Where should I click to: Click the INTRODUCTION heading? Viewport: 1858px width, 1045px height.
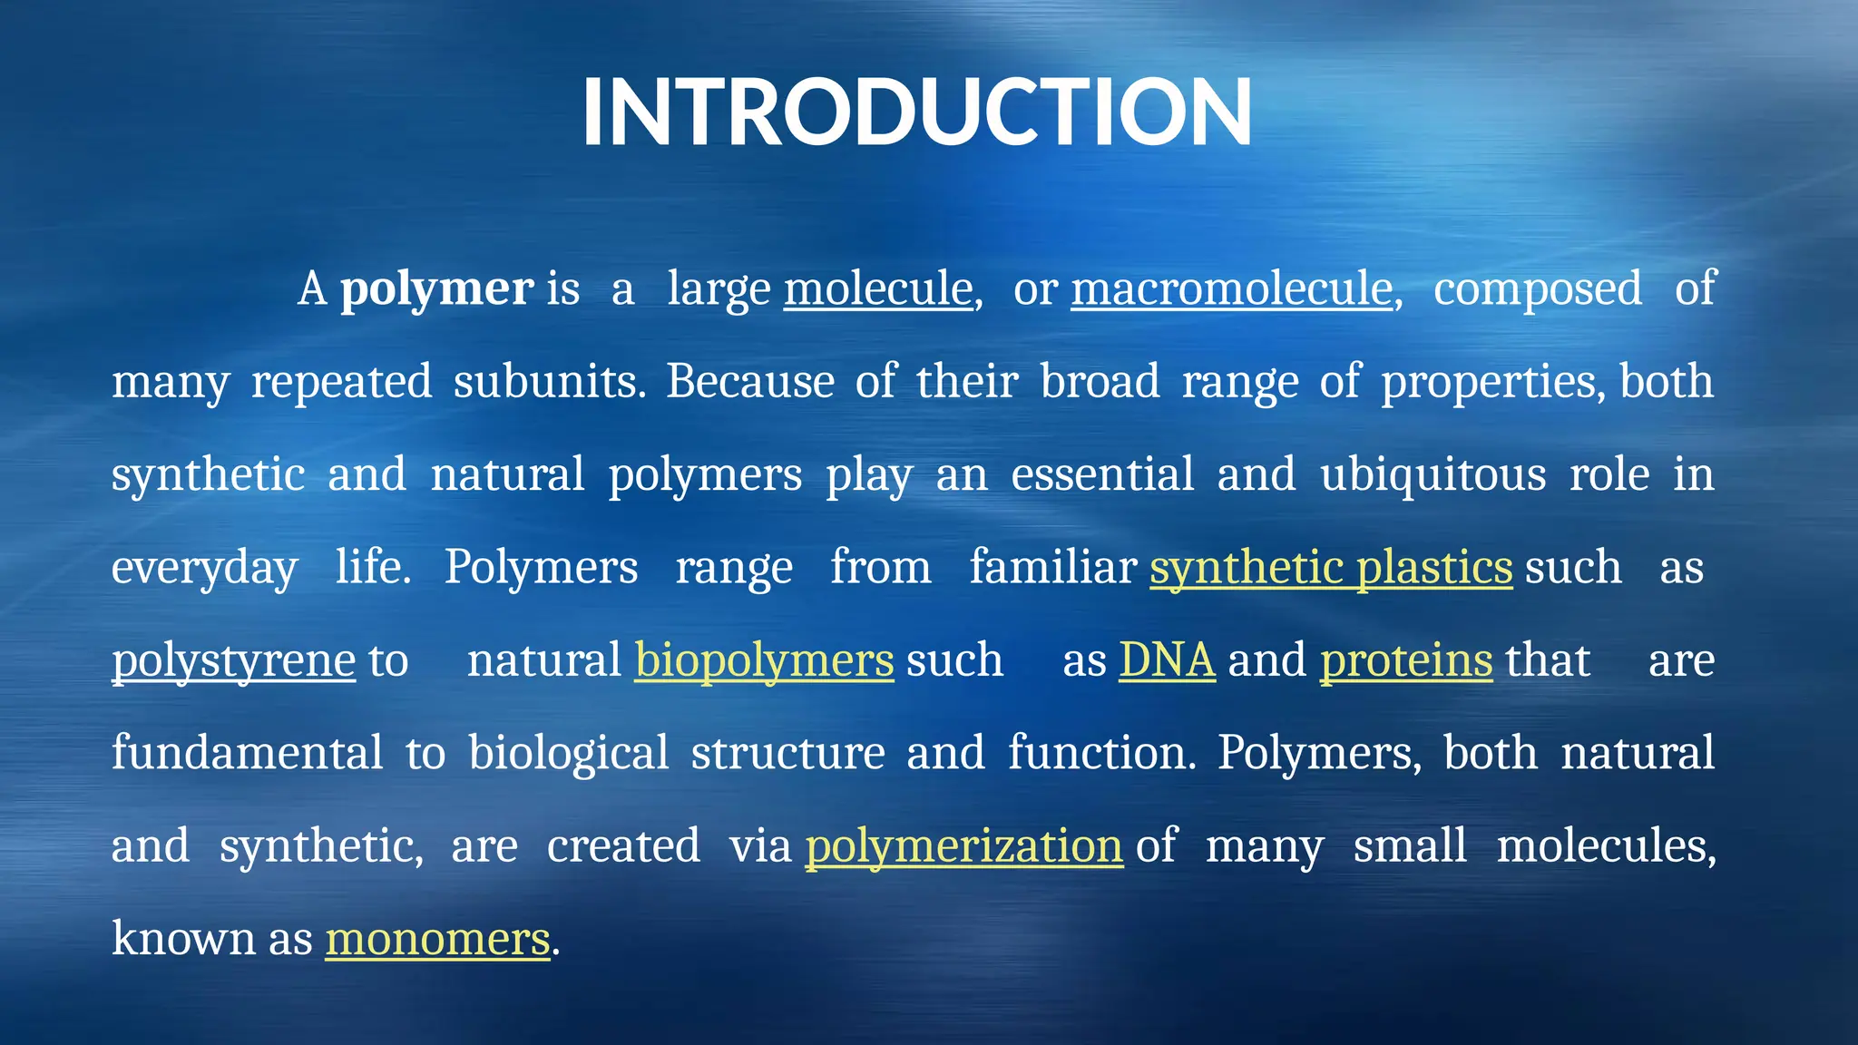coord(916,112)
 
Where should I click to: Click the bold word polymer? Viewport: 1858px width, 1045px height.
coord(436,289)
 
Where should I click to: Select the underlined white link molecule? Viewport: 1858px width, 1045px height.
coord(878,289)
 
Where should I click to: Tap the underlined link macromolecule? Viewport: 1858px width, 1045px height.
coord(1232,289)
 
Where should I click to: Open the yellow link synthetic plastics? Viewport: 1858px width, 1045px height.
coord(1331,568)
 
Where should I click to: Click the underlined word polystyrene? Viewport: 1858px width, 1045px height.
coord(233,660)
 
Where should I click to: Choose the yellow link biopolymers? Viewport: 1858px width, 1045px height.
coord(764,660)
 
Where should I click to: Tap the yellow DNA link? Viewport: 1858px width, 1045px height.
coord(1167,660)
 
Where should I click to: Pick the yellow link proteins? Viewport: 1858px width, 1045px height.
coord(1406,660)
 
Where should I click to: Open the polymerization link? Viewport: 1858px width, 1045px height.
coord(964,846)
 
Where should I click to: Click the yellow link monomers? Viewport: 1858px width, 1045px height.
coord(437,939)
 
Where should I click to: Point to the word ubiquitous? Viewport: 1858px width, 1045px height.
coord(1433,474)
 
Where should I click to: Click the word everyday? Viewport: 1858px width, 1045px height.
coord(204,568)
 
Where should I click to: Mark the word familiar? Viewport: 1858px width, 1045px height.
coord(1052,568)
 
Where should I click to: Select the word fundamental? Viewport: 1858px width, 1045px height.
coord(248,753)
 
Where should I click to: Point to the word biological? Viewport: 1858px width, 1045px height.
coord(569,753)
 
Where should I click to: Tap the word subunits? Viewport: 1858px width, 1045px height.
coord(549,382)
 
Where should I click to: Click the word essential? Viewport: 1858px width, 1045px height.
coord(1102,474)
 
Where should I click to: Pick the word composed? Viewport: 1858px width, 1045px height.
coord(1538,289)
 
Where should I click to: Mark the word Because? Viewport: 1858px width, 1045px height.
coord(750,382)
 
